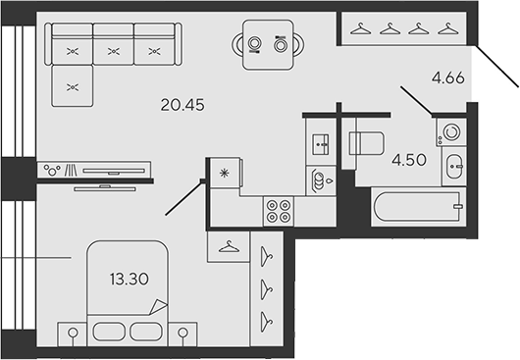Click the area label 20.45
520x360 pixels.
pyautogui.click(x=182, y=105)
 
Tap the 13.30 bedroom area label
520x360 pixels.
pyautogui.click(x=130, y=280)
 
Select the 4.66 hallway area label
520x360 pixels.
pyautogui.click(x=448, y=78)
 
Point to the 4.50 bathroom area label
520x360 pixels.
pyautogui.click(x=409, y=160)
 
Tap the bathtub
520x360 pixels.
pyautogui.click(x=419, y=207)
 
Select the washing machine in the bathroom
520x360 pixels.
pyautogui.click(x=451, y=131)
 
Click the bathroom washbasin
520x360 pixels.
pyautogui.click(x=454, y=166)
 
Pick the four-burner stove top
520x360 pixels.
pyautogui.click(x=279, y=211)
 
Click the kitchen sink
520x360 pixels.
pyautogui.click(x=321, y=144)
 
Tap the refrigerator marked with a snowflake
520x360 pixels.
pyautogui.click(x=226, y=173)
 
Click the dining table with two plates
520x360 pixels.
pyautogui.click(x=268, y=45)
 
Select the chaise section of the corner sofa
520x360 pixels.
pyautogui.click(x=73, y=86)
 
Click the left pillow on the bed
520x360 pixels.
pyautogui.click(x=109, y=332)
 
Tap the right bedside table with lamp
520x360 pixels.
pyautogui.click(x=182, y=334)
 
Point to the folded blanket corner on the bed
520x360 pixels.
pyautogui.click(x=158, y=307)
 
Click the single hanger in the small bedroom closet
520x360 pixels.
pyautogui.click(x=229, y=246)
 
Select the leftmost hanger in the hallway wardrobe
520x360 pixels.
pyautogui.click(x=361, y=28)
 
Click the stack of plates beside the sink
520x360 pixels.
pyautogui.click(x=319, y=180)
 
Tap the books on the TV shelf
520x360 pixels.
pyautogui.click(x=72, y=170)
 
